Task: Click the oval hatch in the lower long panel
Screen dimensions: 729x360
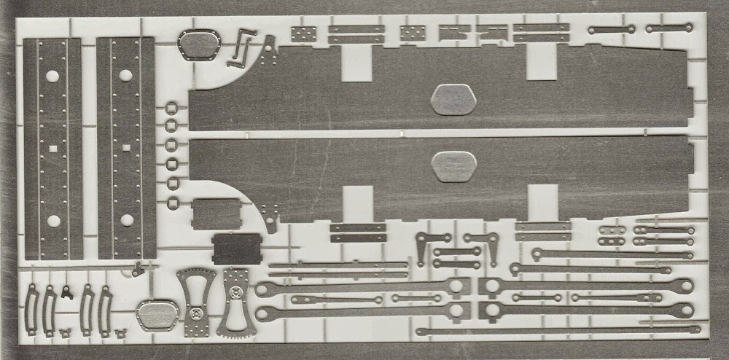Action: [x=453, y=165]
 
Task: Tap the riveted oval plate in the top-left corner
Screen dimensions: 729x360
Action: [x=199, y=44]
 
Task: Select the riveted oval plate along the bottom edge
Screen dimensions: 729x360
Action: [x=157, y=315]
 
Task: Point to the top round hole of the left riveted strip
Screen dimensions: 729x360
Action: [x=52, y=75]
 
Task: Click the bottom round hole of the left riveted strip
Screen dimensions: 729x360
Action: [x=52, y=220]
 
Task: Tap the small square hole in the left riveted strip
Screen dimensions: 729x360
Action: [x=52, y=148]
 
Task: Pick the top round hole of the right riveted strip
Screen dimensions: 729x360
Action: [x=125, y=75]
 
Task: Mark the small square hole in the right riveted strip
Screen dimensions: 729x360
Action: [x=126, y=148]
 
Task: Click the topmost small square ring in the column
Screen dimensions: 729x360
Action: [x=172, y=109]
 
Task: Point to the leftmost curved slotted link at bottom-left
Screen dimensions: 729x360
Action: [x=32, y=310]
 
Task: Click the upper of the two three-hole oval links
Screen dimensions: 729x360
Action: [x=612, y=230]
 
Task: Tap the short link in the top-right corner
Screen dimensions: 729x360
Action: [x=668, y=28]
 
